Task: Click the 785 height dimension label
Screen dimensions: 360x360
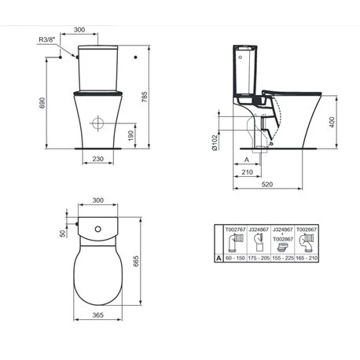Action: (145, 97)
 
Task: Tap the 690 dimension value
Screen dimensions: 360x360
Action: (42, 103)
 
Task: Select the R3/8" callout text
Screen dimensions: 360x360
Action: (47, 39)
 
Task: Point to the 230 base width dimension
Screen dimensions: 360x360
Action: (97, 159)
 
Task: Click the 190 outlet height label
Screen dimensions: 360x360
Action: (131, 136)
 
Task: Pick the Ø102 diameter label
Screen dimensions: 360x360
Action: (215, 143)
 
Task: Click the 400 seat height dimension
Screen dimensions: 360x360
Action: (332, 123)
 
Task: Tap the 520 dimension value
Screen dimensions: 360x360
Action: (267, 184)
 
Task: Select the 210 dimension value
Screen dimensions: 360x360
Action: (248, 172)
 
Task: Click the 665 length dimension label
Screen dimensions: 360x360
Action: (136, 261)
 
